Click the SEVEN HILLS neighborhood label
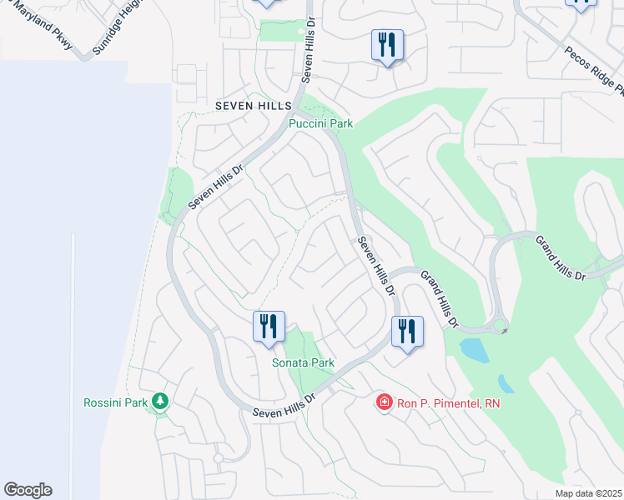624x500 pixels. pos(253,106)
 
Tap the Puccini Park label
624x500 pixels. pos(320,123)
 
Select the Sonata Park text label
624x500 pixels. pos(303,362)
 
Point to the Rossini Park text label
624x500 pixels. pos(114,403)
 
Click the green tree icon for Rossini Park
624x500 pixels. pos(159,402)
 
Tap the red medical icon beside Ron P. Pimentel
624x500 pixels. pos(385,403)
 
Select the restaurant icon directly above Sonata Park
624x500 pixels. pos(269,326)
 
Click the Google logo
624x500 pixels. pos(28,490)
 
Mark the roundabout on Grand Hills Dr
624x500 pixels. pos(500,325)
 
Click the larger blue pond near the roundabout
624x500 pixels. pos(473,349)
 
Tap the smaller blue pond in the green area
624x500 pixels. pos(506,383)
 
